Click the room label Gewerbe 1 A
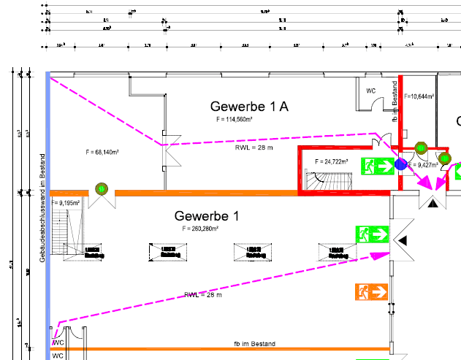[249, 107]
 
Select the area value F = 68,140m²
[102, 153]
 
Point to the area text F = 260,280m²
[199, 229]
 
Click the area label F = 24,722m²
[331, 161]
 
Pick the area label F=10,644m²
[419, 96]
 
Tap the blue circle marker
[400, 165]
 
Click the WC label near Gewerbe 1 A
[370, 91]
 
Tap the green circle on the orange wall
[101, 190]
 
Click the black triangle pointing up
[433, 204]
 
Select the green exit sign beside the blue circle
[377, 166]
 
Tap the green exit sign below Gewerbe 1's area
[372, 234]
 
